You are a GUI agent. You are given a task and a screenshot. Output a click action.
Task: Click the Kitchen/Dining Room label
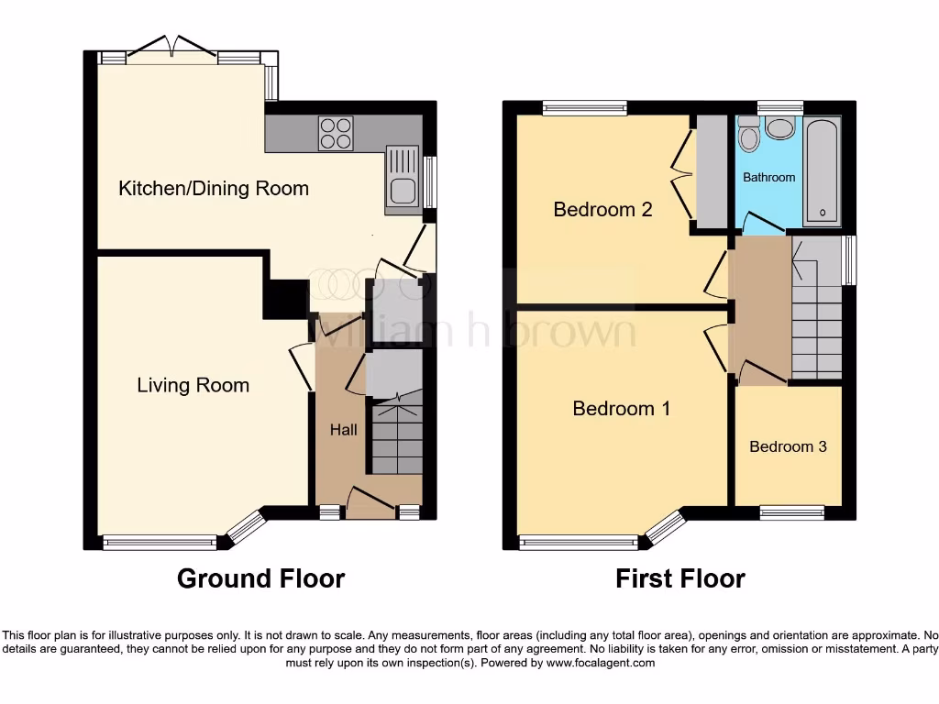point(213,189)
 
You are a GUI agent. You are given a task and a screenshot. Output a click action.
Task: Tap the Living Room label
point(193,385)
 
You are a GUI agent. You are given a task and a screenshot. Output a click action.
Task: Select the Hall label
point(343,429)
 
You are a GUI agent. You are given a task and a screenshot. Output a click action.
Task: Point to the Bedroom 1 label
point(621,408)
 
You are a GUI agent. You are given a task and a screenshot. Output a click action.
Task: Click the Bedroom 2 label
point(602,210)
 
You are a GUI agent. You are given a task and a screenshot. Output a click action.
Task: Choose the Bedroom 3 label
point(788,446)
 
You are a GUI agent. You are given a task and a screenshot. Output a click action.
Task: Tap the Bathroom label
point(769,177)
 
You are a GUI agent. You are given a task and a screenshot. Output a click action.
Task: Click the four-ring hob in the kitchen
point(336,133)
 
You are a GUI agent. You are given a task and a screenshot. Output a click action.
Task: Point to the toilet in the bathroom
point(748,134)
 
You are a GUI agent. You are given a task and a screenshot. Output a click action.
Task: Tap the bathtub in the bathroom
point(822,171)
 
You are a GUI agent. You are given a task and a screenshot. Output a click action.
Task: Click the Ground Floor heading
point(261,579)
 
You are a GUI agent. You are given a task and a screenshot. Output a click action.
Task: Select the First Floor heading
point(680,579)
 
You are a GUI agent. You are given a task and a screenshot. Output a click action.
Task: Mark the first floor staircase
point(817,308)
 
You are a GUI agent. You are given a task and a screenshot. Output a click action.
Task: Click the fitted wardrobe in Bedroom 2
point(711,171)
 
